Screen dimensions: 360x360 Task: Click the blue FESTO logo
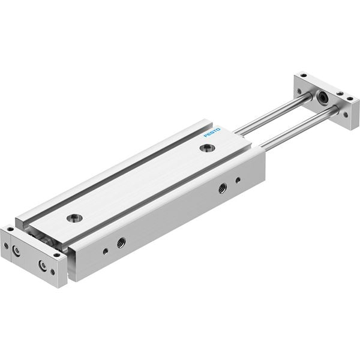[x=212, y=133]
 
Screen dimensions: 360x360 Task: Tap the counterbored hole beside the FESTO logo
[x=208, y=148]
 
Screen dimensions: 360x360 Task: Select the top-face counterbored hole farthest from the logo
[x=74, y=218]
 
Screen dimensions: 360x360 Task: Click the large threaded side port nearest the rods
[x=222, y=188]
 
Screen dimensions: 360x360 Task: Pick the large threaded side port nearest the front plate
[x=121, y=242]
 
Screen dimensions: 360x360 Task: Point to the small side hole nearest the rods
[x=238, y=180]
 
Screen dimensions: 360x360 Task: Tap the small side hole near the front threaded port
[x=106, y=251]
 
